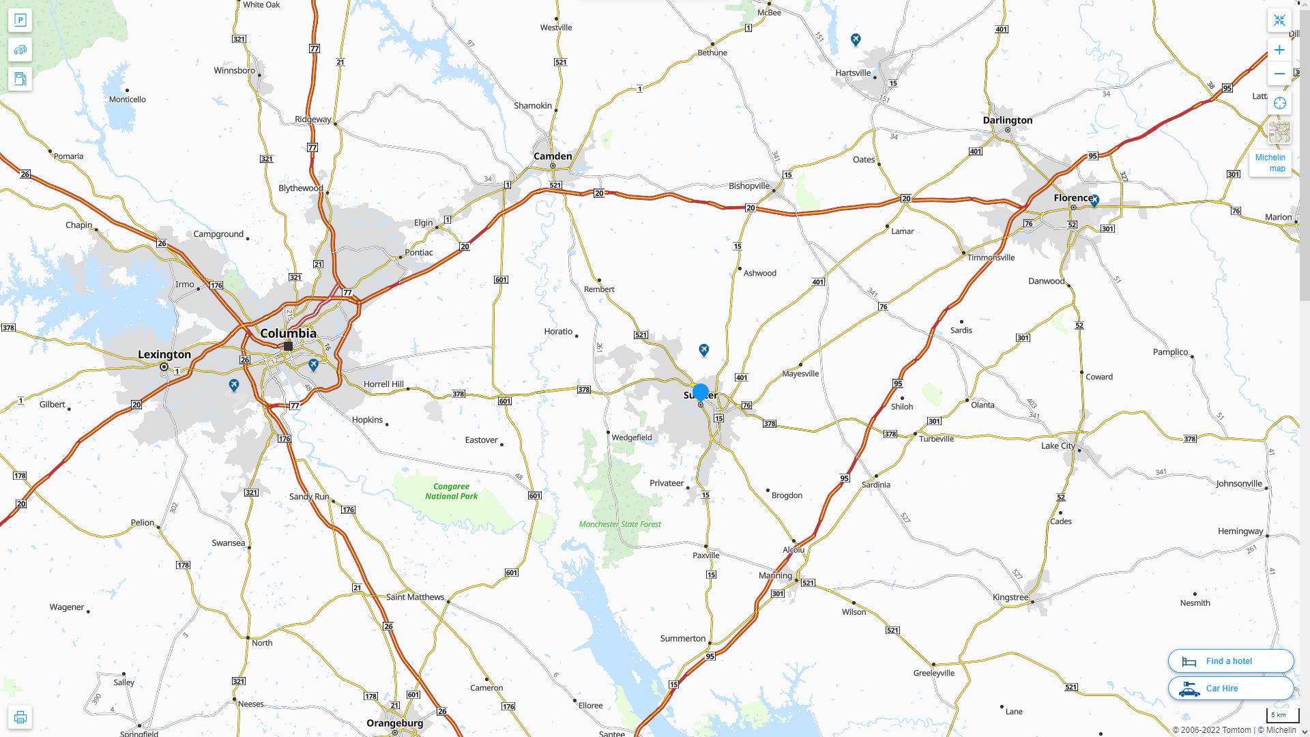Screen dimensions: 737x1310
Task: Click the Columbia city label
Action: coord(288,333)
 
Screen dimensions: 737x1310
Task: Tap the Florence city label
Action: coord(1073,198)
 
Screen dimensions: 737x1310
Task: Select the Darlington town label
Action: coord(1007,120)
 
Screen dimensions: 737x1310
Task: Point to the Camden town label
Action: coord(553,156)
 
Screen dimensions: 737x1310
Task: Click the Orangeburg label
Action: coord(394,723)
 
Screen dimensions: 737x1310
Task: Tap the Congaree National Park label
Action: coord(451,491)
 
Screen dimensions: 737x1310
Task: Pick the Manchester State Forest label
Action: coord(620,524)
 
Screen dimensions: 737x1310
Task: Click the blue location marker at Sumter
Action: coord(700,392)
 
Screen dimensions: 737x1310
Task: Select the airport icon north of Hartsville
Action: coord(856,40)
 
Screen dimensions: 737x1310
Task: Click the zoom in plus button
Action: coord(1279,50)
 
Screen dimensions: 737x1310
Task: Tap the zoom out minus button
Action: coord(1279,74)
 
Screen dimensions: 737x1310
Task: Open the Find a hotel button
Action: coord(1230,661)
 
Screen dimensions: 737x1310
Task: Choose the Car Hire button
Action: coord(1230,688)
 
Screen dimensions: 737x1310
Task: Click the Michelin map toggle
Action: coord(1270,162)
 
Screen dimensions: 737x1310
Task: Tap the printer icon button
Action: coord(20,717)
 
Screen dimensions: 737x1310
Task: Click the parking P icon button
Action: coord(20,20)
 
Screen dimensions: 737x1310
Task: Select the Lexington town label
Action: coord(164,354)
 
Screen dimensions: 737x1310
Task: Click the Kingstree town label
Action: coord(1010,597)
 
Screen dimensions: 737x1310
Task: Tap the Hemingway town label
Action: coord(1240,531)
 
